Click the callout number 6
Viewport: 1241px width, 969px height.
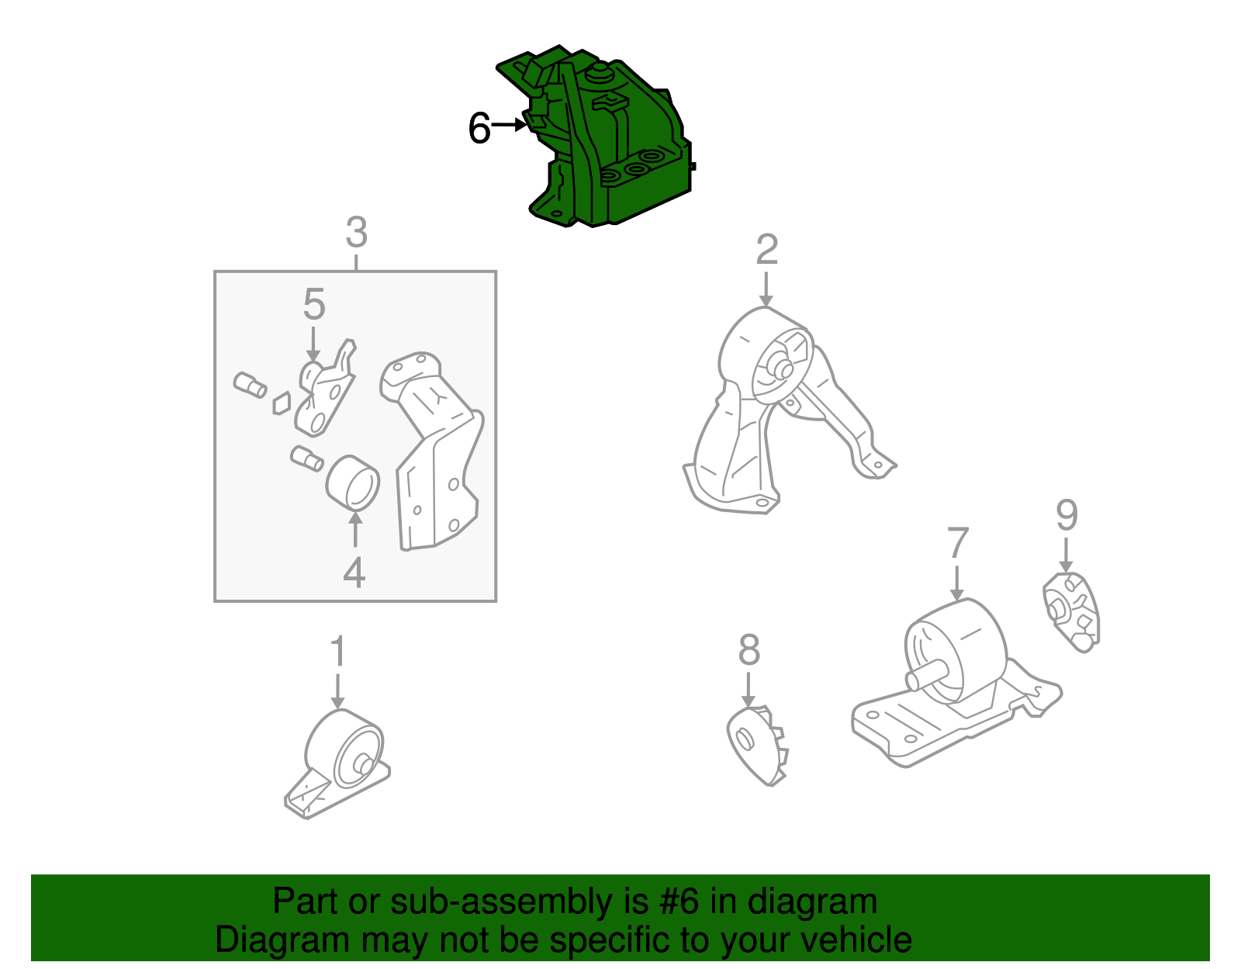click(479, 128)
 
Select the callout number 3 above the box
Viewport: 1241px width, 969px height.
click(356, 232)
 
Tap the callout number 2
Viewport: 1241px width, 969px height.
click(766, 249)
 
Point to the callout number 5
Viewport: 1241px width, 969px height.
click(313, 304)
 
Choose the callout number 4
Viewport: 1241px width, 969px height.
click(354, 572)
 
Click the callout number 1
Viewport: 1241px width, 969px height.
click(338, 651)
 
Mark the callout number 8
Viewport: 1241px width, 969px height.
click(749, 650)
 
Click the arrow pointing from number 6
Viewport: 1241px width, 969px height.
click(509, 124)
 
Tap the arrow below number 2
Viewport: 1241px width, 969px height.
click(766, 289)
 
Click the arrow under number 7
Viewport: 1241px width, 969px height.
click(957, 583)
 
